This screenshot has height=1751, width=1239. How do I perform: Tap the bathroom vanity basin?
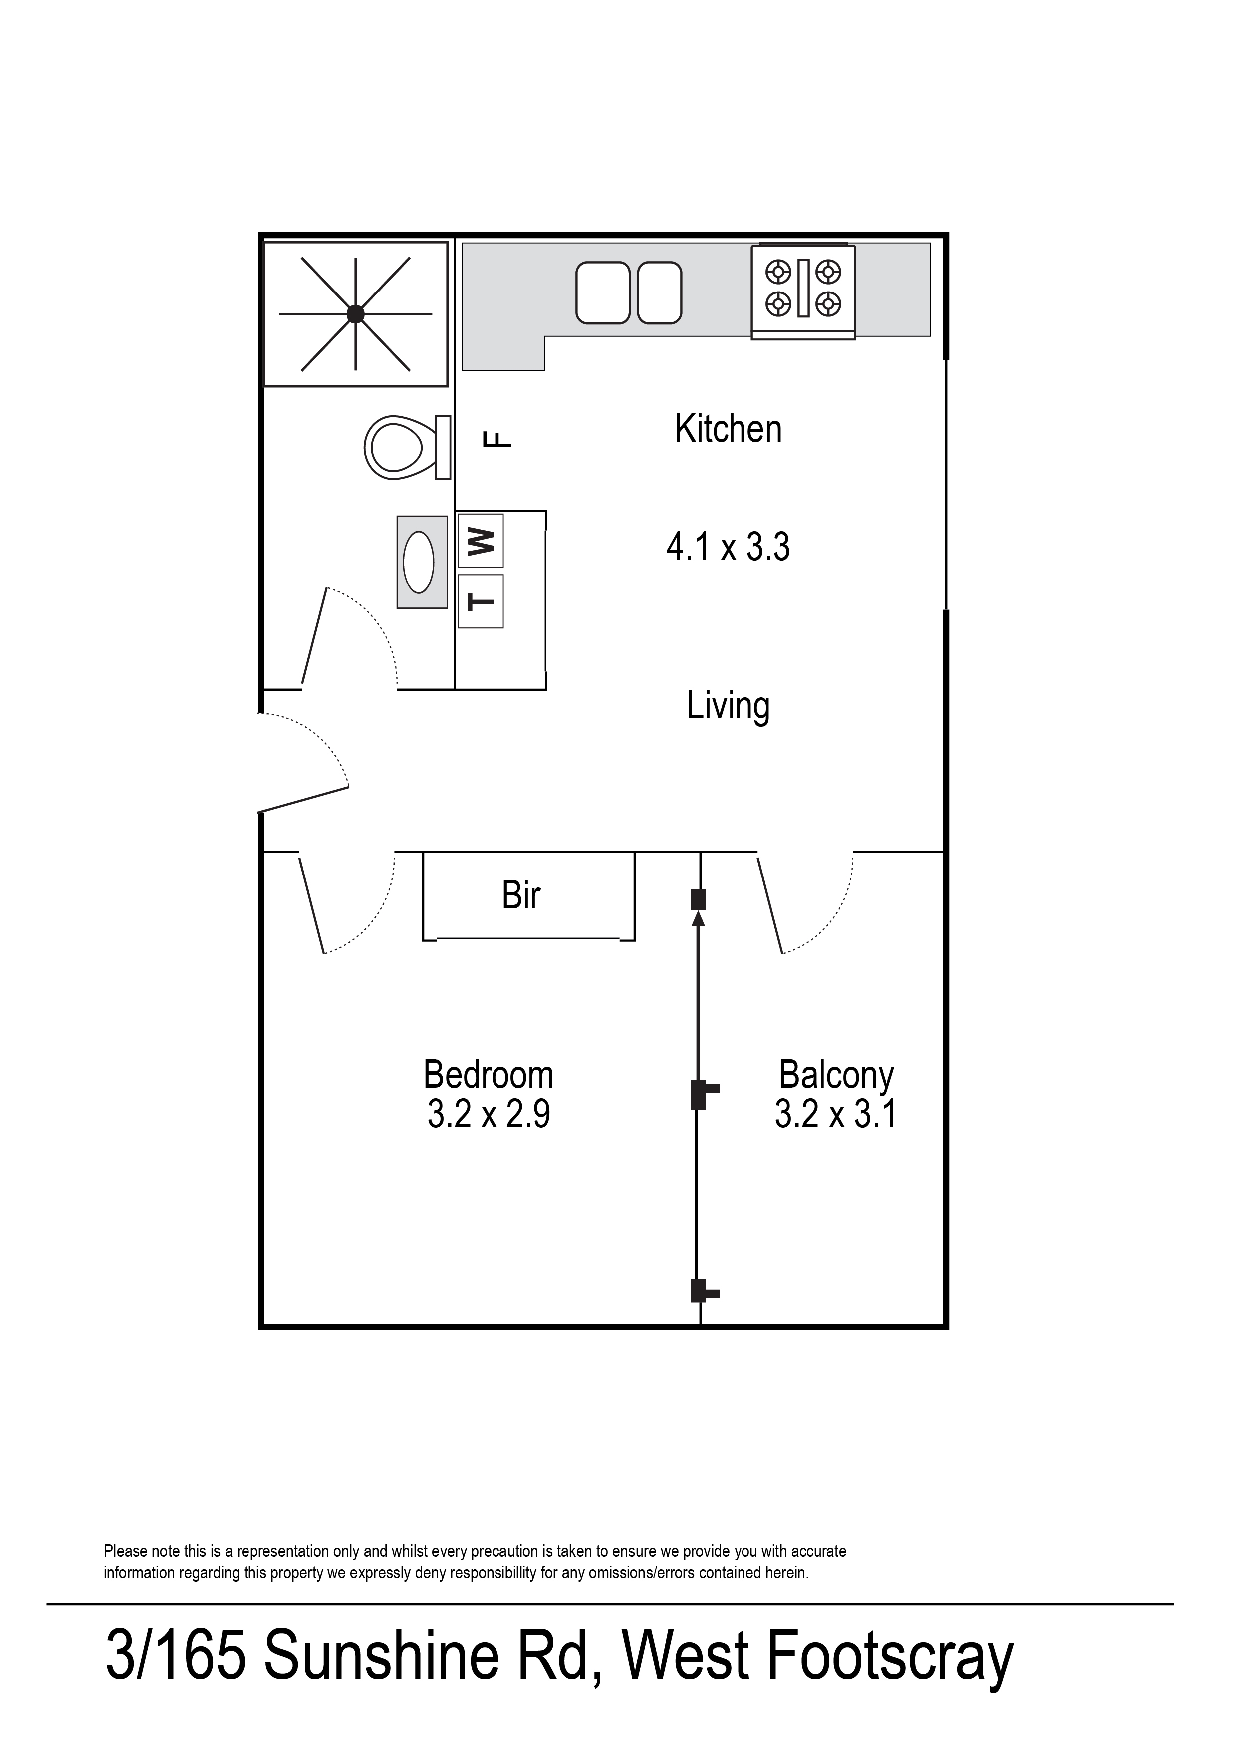click(x=420, y=563)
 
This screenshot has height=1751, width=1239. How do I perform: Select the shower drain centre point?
click(x=355, y=313)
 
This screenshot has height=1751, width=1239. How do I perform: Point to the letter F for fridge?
click(x=498, y=439)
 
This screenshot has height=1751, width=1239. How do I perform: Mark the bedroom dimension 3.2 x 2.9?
click(x=489, y=1114)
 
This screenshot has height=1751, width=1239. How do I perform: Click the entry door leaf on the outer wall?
click(x=304, y=798)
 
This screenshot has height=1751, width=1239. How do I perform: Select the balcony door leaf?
click(x=770, y=905)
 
